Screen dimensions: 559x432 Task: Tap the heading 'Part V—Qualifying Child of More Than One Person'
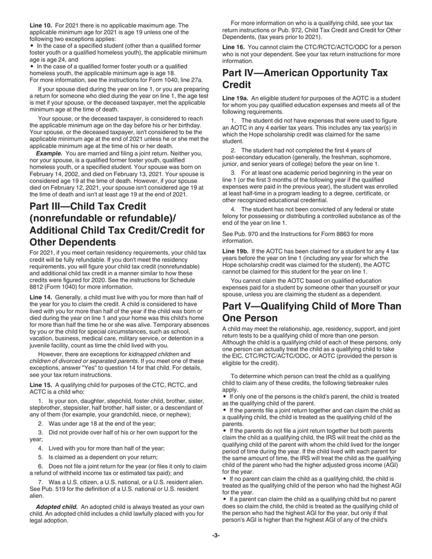click(x=311, y=312)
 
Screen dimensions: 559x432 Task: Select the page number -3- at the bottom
click(x=216, y=535)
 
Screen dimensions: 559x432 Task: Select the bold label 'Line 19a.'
click(x=236, y=98)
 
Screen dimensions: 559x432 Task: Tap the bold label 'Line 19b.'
click(x=236, y=251)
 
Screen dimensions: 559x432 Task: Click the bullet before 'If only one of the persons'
click(x=225, y=396)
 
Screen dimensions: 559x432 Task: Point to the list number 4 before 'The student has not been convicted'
click(x=232, y=209)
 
